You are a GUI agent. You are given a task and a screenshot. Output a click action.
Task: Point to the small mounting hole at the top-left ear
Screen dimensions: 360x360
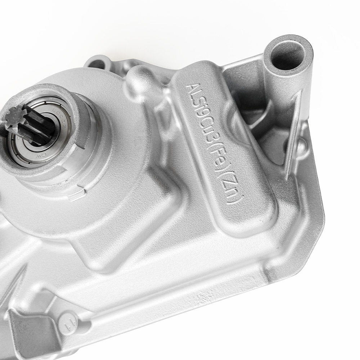point(97,64)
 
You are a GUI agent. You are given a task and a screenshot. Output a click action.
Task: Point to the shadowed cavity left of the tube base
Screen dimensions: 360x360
point(248,112)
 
